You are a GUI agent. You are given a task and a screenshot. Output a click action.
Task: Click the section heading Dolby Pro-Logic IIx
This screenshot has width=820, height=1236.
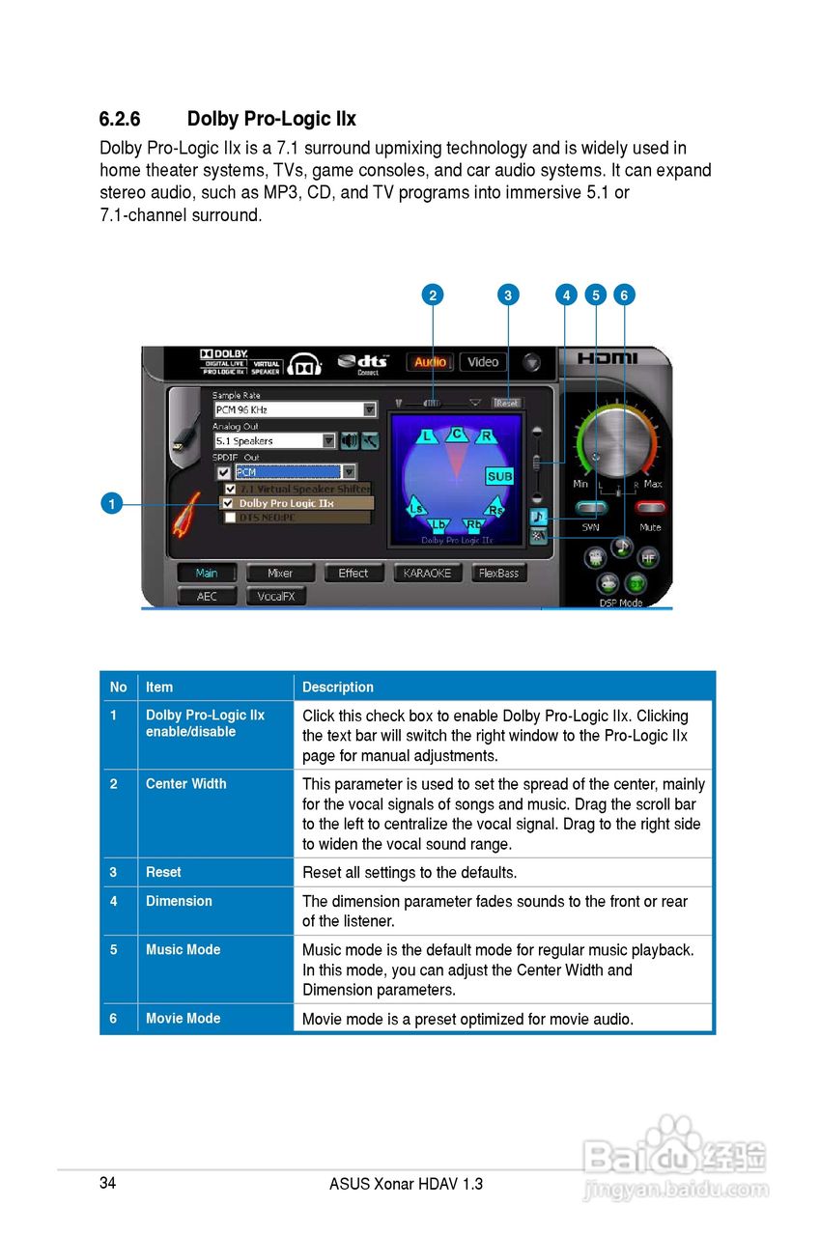(x=227, y=119)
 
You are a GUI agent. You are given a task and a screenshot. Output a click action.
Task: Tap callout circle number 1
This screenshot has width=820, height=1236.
(x=112, y=503)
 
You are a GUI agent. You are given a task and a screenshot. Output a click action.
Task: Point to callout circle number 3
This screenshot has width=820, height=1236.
(x=508, y=295)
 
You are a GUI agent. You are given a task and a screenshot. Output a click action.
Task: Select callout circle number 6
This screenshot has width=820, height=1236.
(x=624, y=295)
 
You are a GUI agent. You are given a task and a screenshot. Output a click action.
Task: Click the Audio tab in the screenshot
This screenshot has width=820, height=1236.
(x=430, y=362)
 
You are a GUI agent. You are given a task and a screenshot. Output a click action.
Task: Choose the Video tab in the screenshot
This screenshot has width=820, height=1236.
(x=483, y=362)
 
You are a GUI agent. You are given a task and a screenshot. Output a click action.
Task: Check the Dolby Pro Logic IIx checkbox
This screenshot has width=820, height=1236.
(x=228, y=503)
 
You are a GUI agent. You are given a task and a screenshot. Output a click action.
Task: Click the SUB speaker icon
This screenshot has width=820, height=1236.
(x=499, y=476)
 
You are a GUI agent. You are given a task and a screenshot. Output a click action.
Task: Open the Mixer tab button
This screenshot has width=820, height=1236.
(x=280, y=573)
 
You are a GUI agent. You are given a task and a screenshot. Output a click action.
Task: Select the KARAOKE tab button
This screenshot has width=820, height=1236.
(x=428, y=573)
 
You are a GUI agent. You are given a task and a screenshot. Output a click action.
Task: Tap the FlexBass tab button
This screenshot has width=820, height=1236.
(x=499, y=573)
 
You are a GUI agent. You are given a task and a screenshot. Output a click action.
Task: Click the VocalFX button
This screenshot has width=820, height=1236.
(x=275, y=597)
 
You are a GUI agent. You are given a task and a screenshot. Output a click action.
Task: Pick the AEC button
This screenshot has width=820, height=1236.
(x=207, y=597)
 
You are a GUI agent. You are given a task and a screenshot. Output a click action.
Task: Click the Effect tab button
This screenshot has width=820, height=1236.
(x=353, y=573)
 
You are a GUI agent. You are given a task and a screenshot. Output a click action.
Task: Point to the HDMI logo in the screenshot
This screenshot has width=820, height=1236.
(x=608, y=358)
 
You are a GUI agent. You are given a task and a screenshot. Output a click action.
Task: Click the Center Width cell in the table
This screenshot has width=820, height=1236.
(x=186, y=784)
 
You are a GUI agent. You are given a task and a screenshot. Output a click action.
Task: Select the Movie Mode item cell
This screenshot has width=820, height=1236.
(x=184, y=1019)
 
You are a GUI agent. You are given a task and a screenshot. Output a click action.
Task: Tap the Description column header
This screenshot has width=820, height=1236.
(x=338, y=688)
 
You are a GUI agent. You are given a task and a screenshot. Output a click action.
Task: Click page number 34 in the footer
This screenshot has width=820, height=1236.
(x=107, y=1184)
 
